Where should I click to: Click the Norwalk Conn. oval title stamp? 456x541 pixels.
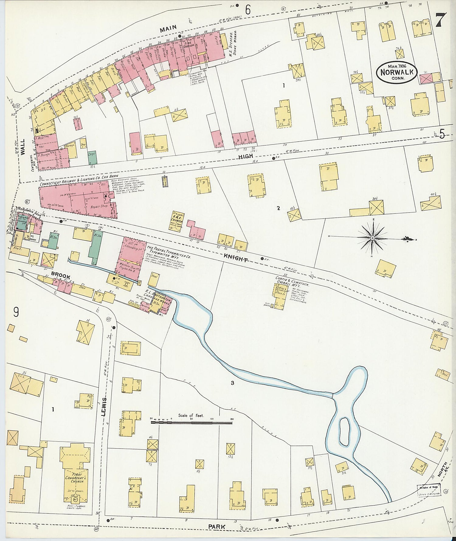pyautogui.click(x=396, y=72)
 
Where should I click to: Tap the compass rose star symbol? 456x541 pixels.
pyautogui.click(x=372, y=238)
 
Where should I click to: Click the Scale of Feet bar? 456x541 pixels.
pyautogui.click(x=192, y=422)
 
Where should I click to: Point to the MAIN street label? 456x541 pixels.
pyautogui.click(x=168, y=28)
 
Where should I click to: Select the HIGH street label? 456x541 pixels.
pyautogui.click(x=246, y=156)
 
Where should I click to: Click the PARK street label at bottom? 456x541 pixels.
pyautogui.click(x=217, y=526)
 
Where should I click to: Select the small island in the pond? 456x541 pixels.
pyautogui.click(x=344, y=431)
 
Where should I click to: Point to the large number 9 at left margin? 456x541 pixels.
pyautogui.click(x=16, y=312)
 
